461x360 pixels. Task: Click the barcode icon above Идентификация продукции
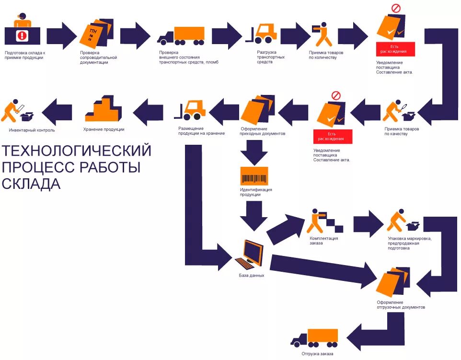[254, 176]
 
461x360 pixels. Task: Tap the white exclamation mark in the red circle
[22, 35]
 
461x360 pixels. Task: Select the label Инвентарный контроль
[32, 130]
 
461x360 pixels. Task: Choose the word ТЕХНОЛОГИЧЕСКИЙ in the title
[77, 151]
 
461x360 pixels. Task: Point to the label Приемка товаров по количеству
[326, 55]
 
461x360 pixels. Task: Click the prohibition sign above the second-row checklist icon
[335, 95]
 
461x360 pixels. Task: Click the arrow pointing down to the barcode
[254, 154]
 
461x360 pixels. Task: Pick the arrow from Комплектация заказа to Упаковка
[368, 223]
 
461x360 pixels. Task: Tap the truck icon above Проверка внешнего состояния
[181, 35]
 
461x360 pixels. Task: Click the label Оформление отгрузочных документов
[401, 304]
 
